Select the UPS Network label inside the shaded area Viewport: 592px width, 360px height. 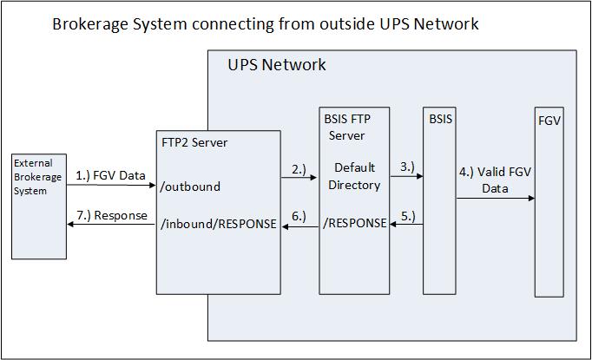[x=277, y=65]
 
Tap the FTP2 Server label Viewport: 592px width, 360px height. [x=195, y=141]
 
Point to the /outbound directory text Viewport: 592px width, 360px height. [x=191, y=186]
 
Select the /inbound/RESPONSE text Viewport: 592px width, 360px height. [x=219, y=224]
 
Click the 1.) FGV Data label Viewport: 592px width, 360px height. [x=110, y=176]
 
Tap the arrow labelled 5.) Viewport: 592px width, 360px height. [x=405, y=225]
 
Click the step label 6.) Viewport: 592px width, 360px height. [x=298, y=216]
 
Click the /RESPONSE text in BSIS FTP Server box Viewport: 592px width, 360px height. [x=354, y=223]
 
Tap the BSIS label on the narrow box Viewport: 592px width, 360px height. [x=441, y=119]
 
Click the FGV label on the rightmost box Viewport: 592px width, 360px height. [x=549, y=121]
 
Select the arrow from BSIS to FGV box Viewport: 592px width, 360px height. [x=495, y=199]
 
